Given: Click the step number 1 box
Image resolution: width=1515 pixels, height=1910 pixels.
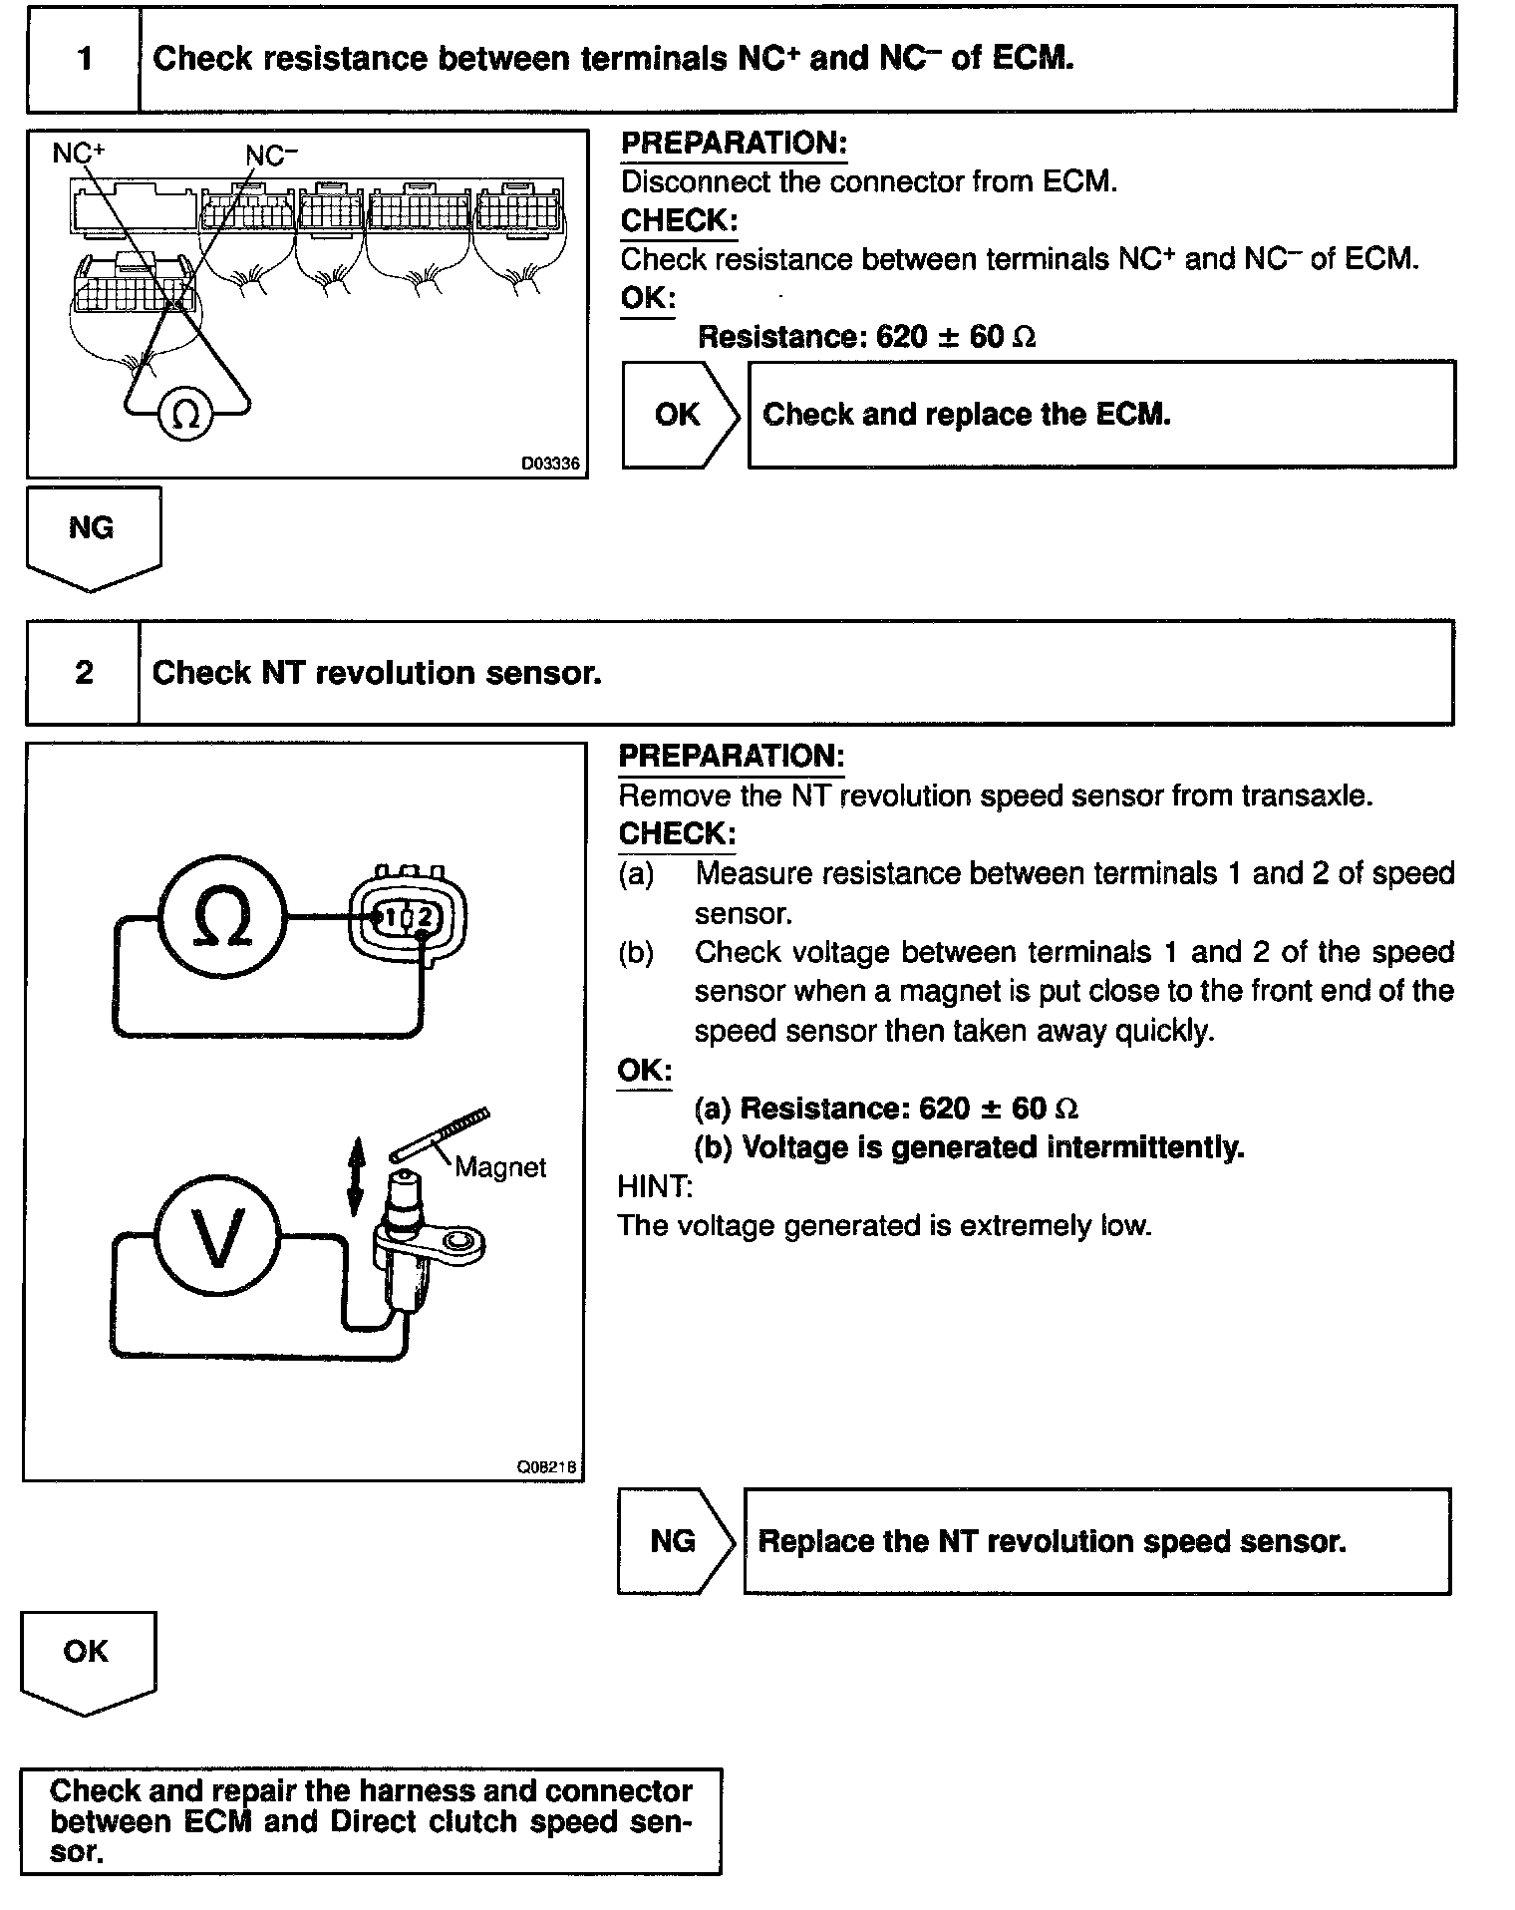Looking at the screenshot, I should point(84,59).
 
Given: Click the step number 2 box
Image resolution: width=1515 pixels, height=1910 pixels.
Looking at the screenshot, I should point(84,673).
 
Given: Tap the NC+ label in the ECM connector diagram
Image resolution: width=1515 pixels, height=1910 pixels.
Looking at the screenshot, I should point(79,153).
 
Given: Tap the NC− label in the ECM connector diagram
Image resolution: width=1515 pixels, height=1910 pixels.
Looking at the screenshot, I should point(271,155).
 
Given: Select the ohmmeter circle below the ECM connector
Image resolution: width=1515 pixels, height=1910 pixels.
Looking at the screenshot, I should point(186,413).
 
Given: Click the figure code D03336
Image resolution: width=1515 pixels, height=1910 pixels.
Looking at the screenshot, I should point(549,464).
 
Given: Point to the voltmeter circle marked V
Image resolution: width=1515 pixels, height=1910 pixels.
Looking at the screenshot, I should point(217,1236).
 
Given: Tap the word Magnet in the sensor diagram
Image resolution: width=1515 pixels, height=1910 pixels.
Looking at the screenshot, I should point(500,1167).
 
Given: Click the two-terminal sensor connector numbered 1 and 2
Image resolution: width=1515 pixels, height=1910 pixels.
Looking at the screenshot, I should point(408,915).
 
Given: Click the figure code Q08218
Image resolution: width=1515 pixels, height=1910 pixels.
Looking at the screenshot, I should point(546,1467).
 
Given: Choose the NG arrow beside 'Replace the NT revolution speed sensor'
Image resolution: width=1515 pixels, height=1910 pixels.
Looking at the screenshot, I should point(674,1541).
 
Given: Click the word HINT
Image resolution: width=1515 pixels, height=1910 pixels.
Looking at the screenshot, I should point(654,1186).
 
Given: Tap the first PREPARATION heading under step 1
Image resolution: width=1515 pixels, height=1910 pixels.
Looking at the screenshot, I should point(733,144).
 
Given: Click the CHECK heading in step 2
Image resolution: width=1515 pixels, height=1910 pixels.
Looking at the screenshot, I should point(677,833).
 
